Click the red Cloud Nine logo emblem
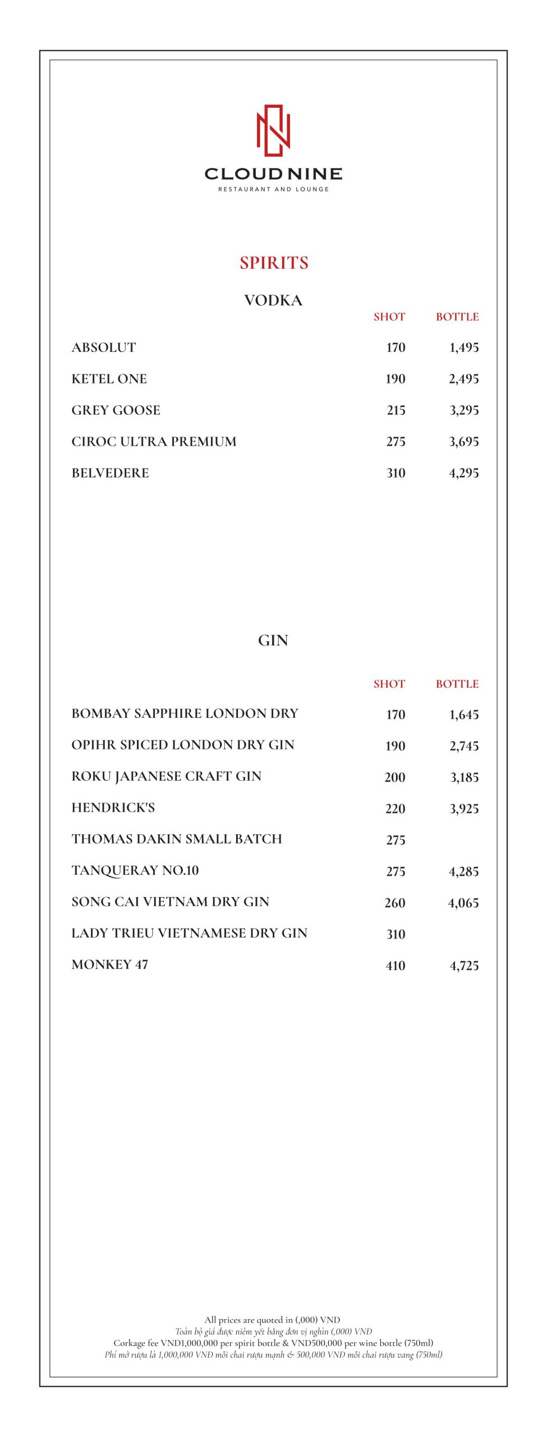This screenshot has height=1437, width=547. click(x=273, y=130)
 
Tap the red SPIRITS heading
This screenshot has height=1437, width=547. click(x=274, y=263)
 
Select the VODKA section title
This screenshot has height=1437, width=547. click(x=273, y=300)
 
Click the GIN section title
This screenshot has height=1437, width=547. click(x=273, y=640)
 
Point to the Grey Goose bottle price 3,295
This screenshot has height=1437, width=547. click(x=464, y=410)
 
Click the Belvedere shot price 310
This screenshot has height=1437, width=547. click(x=396, y=473)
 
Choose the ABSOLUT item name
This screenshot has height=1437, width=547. click(x=104, y=347)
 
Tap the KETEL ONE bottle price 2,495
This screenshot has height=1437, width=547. click(x=464, y=379)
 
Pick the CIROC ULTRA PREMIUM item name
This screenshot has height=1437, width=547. click(x=154, y=442)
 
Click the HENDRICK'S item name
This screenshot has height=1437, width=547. click(x=113, y=808)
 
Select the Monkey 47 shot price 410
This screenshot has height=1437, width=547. click(x=396, y=965)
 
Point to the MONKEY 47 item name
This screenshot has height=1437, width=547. click(x=110, y=964)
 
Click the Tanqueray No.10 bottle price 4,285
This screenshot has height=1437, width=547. click(x=464, y=871)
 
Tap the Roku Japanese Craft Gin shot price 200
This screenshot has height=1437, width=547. click(x=395, y=777)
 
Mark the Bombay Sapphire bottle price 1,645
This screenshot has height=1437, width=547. click(x=464, y=715)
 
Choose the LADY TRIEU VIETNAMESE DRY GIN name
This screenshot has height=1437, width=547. click(x=190, y=933)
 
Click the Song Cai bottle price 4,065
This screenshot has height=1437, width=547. click(x=463, y=903)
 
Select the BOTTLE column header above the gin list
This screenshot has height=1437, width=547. click(x=457, y=684)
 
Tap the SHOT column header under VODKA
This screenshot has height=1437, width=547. click(x=389, y=317)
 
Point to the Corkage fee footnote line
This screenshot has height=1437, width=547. click(x=273, y=1343)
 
